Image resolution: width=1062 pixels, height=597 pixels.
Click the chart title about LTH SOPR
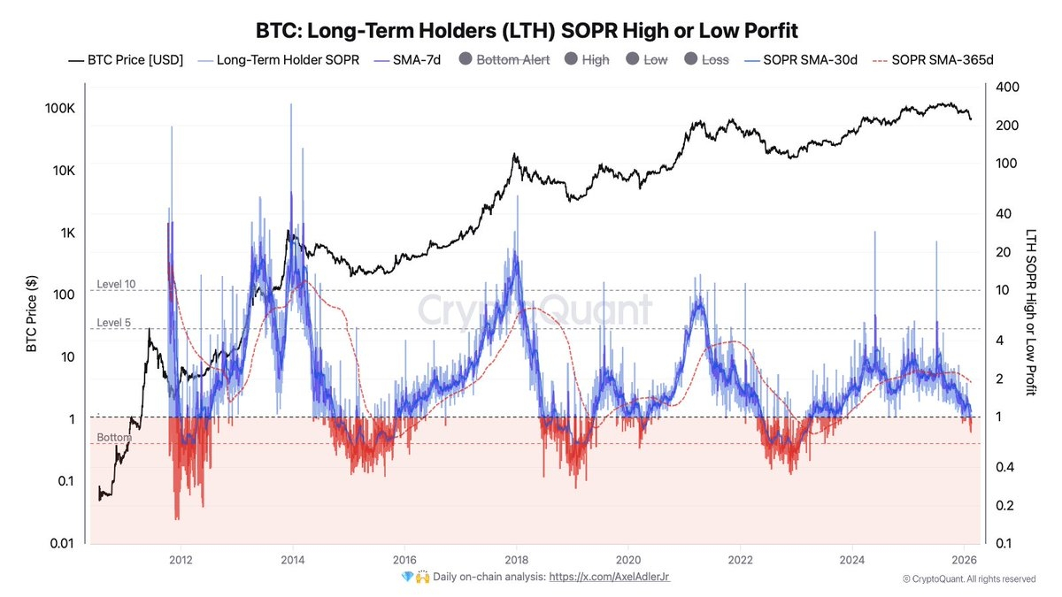[x=527, y=31]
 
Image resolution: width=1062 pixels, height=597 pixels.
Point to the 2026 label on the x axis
[x=964, y=560]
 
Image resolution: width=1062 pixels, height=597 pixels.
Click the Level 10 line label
[x=116, y=284]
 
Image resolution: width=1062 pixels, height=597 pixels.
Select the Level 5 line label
[x=113, y=323]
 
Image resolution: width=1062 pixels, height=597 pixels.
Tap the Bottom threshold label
[x=113, y=438]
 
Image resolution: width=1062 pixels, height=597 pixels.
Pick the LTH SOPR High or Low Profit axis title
[x=1030, y=311]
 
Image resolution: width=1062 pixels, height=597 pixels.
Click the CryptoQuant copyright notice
[x=968, y=579]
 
